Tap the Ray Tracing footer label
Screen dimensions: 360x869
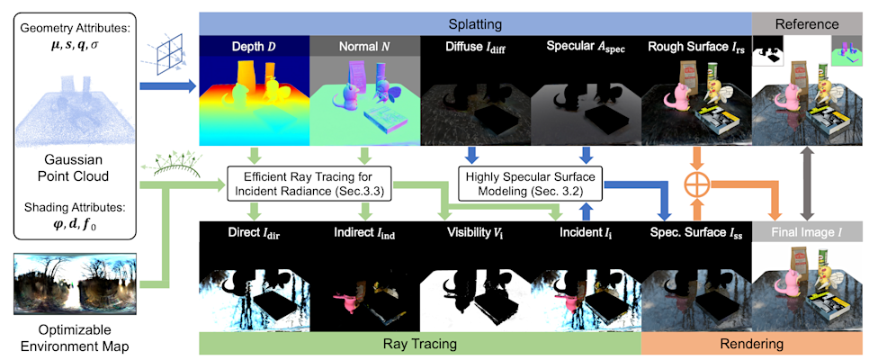(418, 343)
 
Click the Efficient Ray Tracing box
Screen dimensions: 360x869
(308, 181)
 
